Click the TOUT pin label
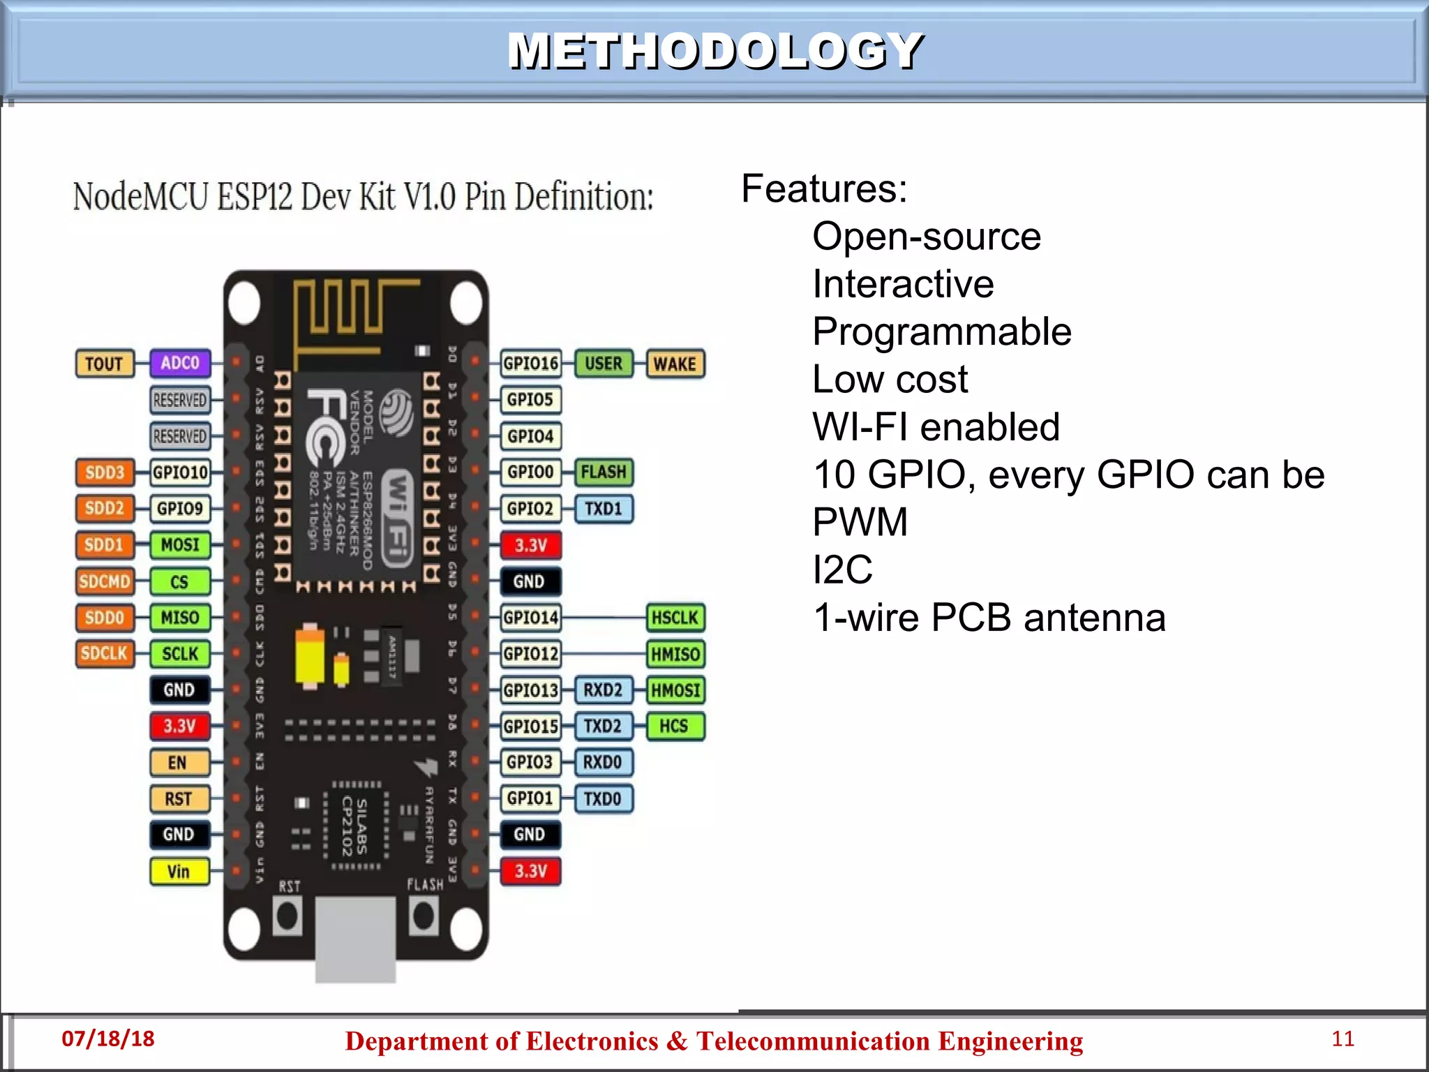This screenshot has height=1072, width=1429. pos(104,364)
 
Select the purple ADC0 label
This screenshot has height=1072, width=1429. pos(180,363)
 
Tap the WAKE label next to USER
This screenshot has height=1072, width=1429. pos(675,364)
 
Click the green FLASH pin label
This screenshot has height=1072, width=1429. pos(604,472)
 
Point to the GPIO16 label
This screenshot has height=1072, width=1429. pos(531,364)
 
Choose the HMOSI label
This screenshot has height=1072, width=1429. pos(675,690)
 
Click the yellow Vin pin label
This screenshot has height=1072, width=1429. pos(179,871)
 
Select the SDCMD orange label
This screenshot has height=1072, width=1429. pos(105,581)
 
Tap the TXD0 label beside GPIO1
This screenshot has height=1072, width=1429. pos(603,798)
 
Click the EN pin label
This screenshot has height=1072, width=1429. pos(179,762)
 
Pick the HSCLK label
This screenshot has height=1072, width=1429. pos(675,618)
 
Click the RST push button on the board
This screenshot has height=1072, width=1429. pos(287,916)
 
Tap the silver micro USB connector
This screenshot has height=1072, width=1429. pos(356,939)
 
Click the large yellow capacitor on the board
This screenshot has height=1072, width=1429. pos(310,656)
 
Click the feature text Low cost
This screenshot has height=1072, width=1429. pos(890,380)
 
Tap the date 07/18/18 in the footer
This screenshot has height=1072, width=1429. pos(108,1038)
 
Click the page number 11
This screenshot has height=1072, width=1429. pos(1342,1038)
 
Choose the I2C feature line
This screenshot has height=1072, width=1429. pos(842,569)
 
